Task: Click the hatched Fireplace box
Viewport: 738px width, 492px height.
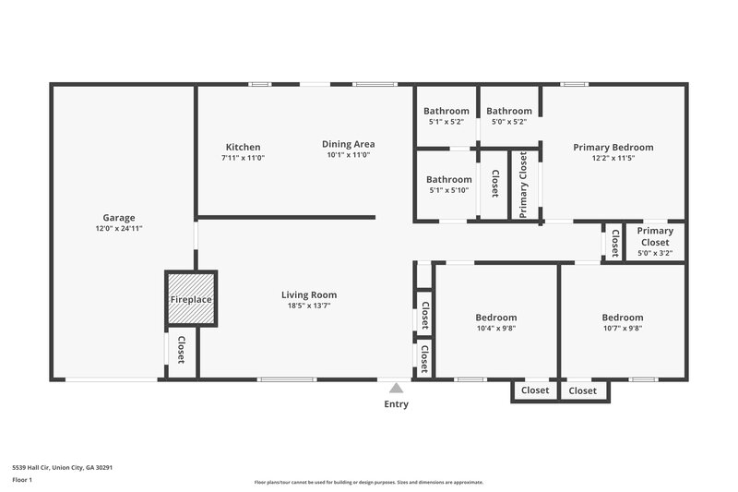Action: tap(191, 300)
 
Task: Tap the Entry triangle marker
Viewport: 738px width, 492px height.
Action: tap(396, 389)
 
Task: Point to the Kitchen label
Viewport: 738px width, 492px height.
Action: tap(244, 147)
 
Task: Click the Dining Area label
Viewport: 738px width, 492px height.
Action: tap(348, 143)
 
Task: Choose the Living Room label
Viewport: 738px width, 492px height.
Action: tap(309, 294)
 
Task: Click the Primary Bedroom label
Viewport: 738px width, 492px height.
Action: tap(613, 147)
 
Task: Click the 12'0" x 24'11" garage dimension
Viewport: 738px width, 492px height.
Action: tap(118, 228)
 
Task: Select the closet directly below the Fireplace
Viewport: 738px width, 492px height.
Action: tap(181, 352)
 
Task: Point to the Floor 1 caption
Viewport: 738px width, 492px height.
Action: tap(21, 480)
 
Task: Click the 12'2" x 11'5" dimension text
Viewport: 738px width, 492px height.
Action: tap(613, 158)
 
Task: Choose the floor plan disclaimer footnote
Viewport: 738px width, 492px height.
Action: tap(368, 482)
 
